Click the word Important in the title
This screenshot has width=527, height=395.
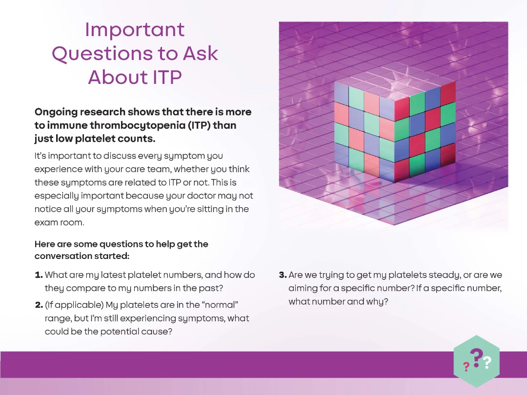(x=135, y=30)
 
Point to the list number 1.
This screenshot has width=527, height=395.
(x=39, y=275)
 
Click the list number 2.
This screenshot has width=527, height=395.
(x=39, y=305)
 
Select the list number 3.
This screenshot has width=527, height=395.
(x=283, y=275)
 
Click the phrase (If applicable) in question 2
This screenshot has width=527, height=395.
(x=74, y=305)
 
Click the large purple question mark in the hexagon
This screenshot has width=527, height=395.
(x=476, y=358)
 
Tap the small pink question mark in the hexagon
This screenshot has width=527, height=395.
(x=466, y=366)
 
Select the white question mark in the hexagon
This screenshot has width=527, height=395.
(x=487, y=362)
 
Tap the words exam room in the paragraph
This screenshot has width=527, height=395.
(x=59, y=222)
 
